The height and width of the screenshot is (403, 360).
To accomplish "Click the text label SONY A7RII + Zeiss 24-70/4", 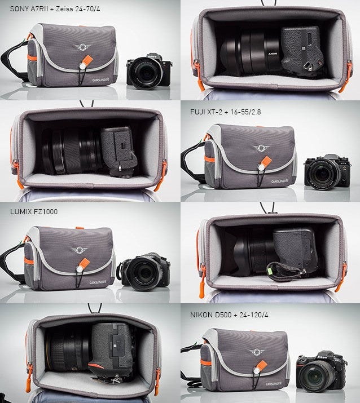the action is pyautogui.click(x=55, y=9).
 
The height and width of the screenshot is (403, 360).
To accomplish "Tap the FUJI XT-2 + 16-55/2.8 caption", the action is pyautogui.click(x=225, y=112).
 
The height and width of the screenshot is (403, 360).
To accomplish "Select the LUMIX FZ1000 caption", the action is pyautogui.click(x=34, y=211).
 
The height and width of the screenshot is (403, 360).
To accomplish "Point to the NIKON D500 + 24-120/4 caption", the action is pyautogui.click(x=229, y=315).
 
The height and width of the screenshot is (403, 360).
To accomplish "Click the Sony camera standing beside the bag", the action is pyautogui.click(x=150, y=72).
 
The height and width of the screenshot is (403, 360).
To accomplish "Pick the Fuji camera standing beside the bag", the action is pyautogui.click(x=327, y=172).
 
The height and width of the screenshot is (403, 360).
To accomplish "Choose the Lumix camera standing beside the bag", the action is pyautogui.click(x=143, y=272).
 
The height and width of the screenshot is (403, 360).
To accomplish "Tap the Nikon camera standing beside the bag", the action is pyautogui.click(x=322, y=371).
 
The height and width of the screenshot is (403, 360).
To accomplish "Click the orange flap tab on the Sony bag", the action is pyautogui.click(x=88, y=60).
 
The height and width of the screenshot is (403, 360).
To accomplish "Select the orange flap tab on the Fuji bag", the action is pyautogui.click(x=266, y=161).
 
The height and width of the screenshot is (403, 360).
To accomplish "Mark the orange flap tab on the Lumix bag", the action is pyautogui.click(x=85, y=263).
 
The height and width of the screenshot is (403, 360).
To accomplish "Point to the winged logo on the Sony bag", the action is pyautogui.click(x=82, y=47).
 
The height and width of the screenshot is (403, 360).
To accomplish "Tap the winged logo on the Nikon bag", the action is pyautogui.click(x=257, y=352).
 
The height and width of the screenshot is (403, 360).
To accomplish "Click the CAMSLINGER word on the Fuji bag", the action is pyautogui.click(x=279, y=181).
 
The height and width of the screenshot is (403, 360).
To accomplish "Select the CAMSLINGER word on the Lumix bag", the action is pyautogui.click(x=98, y=282).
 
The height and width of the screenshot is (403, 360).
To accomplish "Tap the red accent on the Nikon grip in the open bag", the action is pyautogui.click(x=96, y=365).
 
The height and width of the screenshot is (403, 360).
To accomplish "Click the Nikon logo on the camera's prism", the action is pyautogui.click(x=322, y=357).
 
